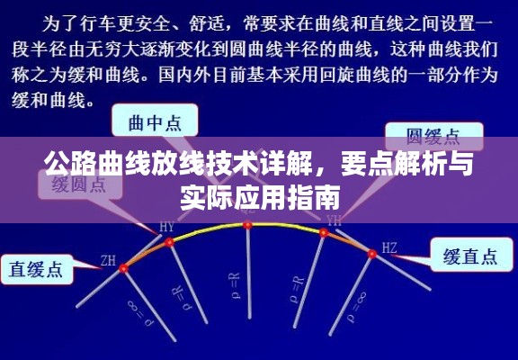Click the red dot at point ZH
click(x=124, y=267)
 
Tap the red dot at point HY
click(x=169, y=241)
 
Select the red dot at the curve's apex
click(x=247, y=224)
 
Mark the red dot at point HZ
click(x=371, y=254)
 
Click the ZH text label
click(x=108, y=261)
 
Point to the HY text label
click(x=167, y=226)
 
